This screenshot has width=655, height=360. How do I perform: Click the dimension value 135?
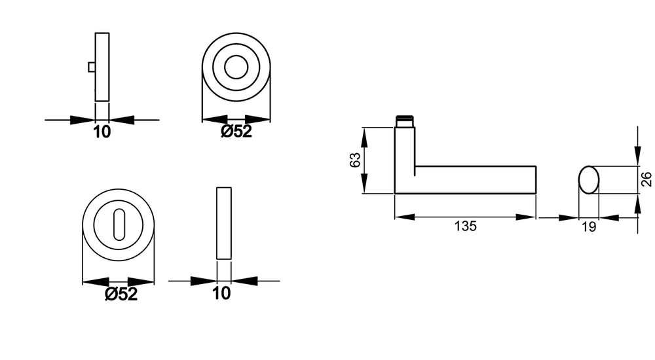tap(465, 226)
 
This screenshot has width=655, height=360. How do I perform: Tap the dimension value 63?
tap(354, 160)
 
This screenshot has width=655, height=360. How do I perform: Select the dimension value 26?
tap(646, 179)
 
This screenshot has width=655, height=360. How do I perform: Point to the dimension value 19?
tap(589, 226)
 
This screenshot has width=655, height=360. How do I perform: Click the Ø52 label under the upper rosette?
tap(236, 132)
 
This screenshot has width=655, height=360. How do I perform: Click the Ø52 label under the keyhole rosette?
tap(121, 294)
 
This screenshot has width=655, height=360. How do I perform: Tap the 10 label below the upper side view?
tap(102, 132)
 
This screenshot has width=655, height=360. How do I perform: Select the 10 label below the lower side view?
tap(222, 293)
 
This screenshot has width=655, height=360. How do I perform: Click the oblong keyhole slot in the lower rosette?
tap(119, 225)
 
